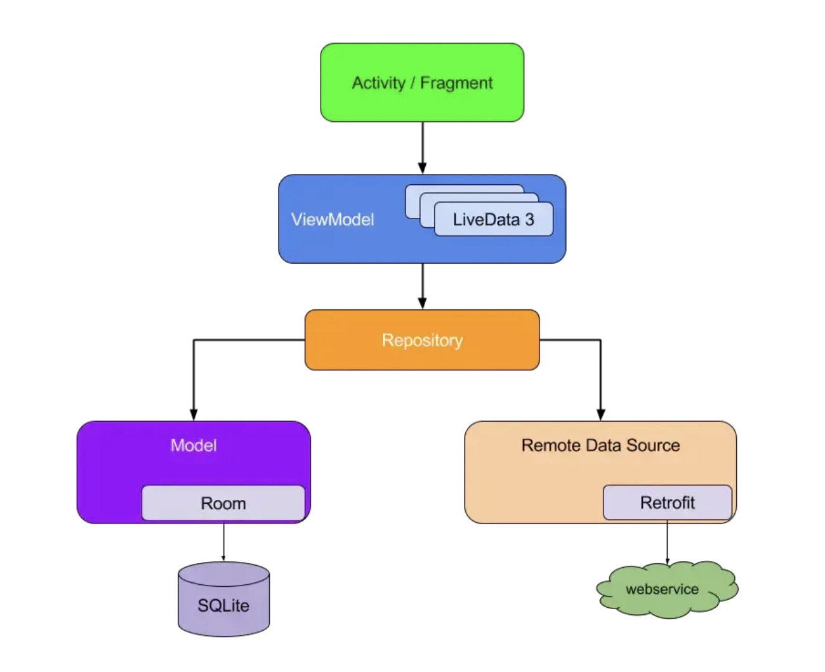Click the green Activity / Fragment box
pos(422,83)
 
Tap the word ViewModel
pos(333,220)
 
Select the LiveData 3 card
pos(494,219)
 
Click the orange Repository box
pos(422,340)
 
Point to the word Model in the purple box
pos(194,445)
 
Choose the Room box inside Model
pos(223,502)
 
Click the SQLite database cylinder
pos(223,599)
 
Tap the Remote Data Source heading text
pos(600,445)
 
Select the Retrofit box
pos(668,502)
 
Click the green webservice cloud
pos(667,589)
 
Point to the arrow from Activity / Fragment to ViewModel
pos(422,148)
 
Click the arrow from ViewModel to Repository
pos(422,286)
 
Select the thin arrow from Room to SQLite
pos(223,542)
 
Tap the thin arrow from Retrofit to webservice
pos(667,542)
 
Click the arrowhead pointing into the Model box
pos(194,415)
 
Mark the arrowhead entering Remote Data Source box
pos(601,415)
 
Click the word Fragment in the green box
pos(456,83)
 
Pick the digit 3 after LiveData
pos(529,220)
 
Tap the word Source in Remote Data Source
pos(653,445)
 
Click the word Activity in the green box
pos(378,83)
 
